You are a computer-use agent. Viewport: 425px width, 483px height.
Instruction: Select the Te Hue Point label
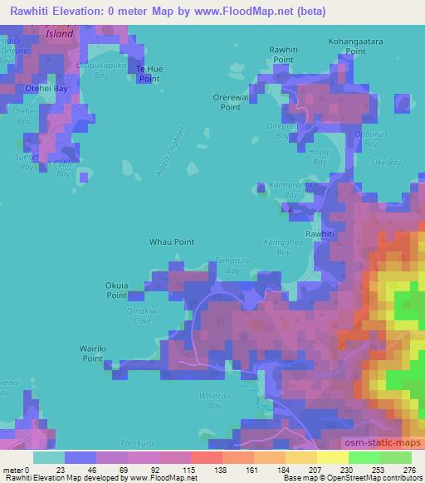pos(149,73)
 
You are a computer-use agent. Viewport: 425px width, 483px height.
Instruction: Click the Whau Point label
pos(171,242)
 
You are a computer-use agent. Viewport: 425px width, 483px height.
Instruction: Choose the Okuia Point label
pos(116,290)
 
